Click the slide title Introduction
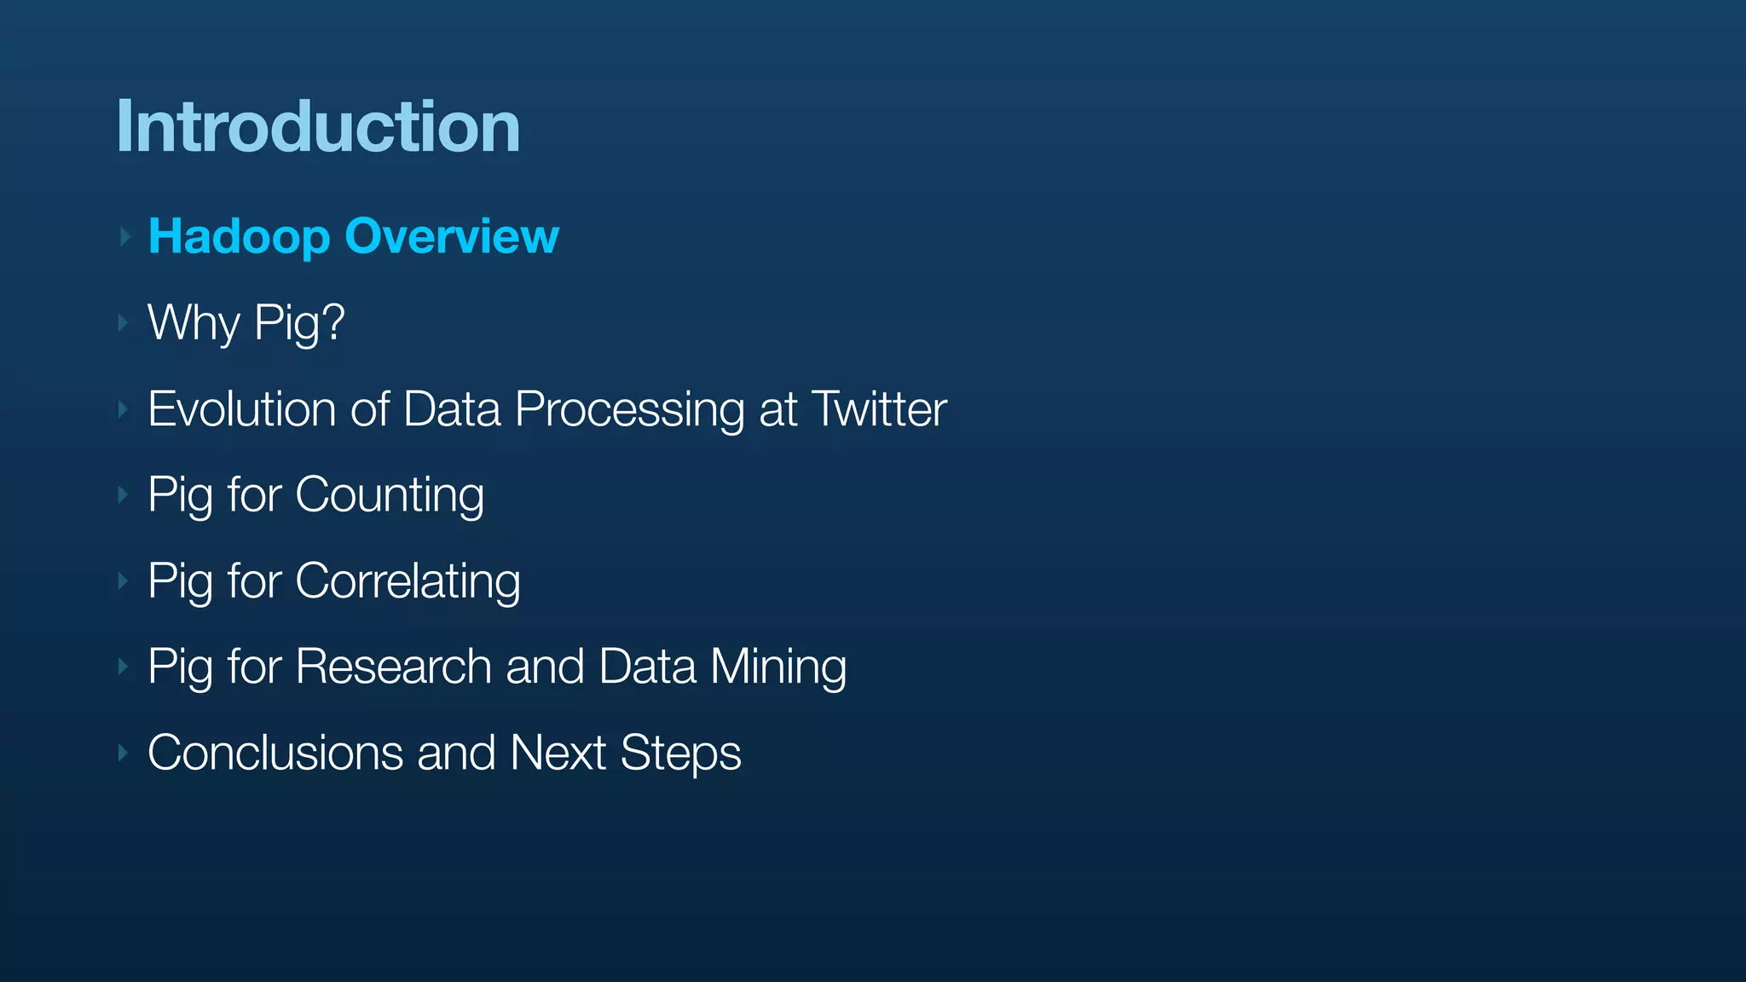(318, 127)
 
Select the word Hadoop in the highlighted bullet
(239, 237)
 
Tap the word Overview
(452, 236)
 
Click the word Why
(194, 323)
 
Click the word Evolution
(242, 409)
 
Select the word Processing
(629, 410)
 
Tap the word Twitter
(879, 409)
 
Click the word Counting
(390, 495)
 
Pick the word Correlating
(408, 581)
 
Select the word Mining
(778, 667)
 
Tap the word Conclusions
(275, 753)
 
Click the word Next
(558, 753)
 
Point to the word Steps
(680, 754)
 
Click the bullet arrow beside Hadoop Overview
(124, 236)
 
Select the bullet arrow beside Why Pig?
(124, 323)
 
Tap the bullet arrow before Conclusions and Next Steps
(124, 753)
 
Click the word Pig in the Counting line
(180, 495)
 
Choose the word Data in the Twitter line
(452, 409)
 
